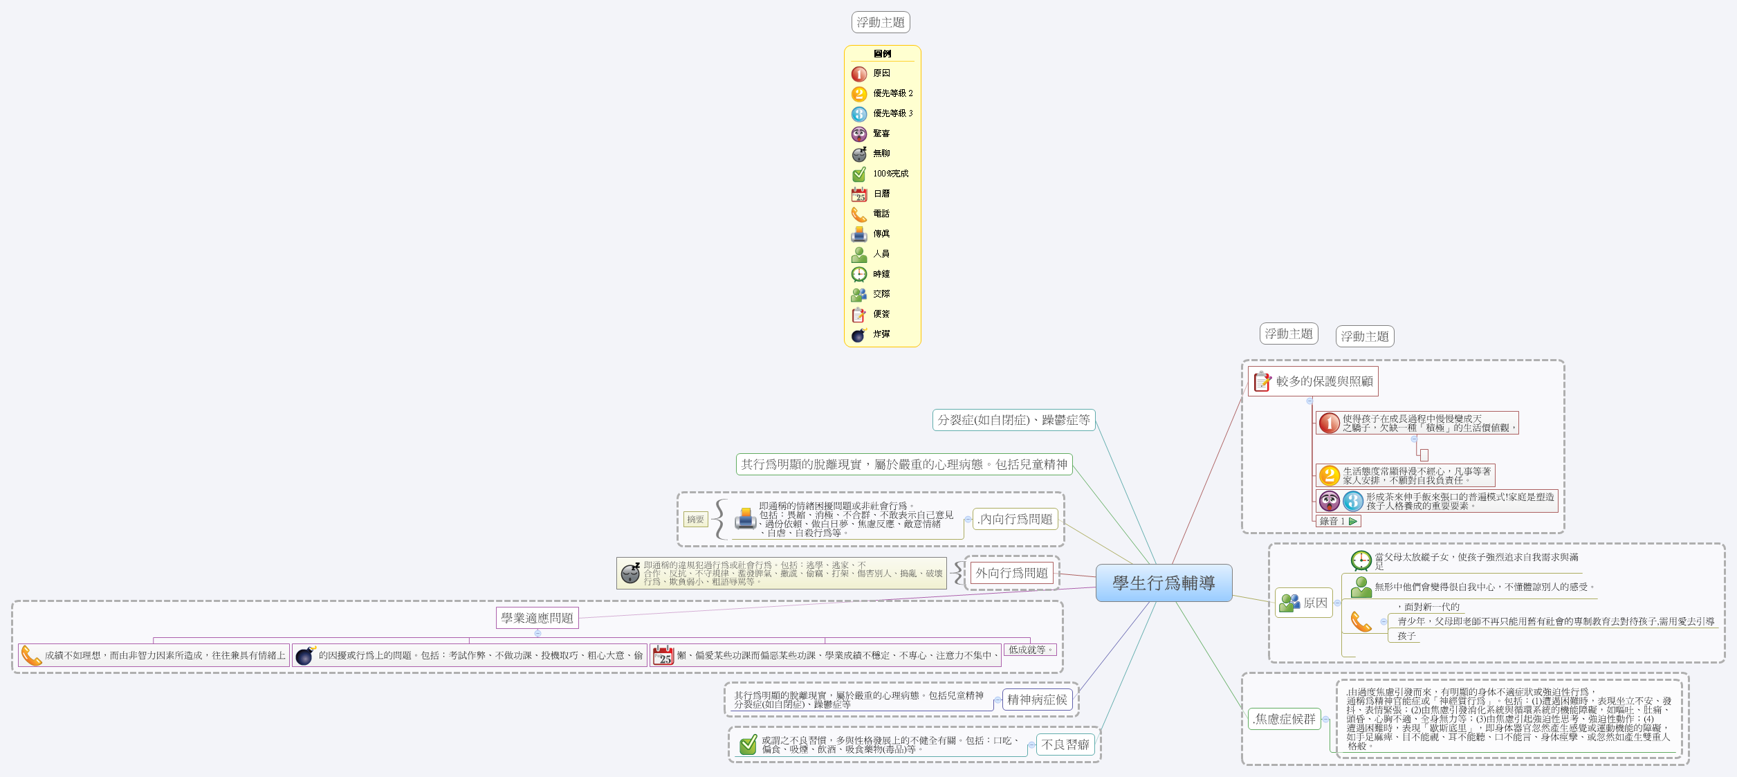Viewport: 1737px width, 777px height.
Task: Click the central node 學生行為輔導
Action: [x=1164, y=583]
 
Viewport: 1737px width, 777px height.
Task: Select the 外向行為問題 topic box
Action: [x=1011, y=573]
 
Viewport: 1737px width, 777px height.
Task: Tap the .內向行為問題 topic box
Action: [x=1015, y=519]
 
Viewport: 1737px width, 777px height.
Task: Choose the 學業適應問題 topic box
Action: [x=537, y=618]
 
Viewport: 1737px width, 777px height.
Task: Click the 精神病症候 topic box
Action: [x=1036, y=700]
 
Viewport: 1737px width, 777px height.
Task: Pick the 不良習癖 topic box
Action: [x=1065, y=744]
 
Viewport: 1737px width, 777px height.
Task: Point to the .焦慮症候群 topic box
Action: [x=1285, y=719]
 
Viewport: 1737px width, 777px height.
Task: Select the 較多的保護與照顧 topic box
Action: [x=1312, y=381]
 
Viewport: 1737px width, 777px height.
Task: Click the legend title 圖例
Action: [x=882, y=54]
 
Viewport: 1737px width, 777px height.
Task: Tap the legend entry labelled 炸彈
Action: [x=881, y=334]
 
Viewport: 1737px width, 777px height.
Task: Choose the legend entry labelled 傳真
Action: [x=881, y=234]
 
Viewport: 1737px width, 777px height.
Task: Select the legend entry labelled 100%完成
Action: [x=890, y=174]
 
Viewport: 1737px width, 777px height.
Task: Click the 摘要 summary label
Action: [x=695, y=519]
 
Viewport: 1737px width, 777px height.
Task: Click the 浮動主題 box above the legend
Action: [x=880, y=22]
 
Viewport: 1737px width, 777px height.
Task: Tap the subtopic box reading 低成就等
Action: [x=1029, y=650]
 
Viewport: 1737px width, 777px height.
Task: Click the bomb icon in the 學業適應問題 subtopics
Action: [x=304, y=655]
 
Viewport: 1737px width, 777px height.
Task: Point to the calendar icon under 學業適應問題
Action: [x=663, y=655]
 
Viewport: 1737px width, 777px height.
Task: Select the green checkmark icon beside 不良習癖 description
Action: [x=748, y=744]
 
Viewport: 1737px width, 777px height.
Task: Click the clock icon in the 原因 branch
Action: [x=1361, y=560]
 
